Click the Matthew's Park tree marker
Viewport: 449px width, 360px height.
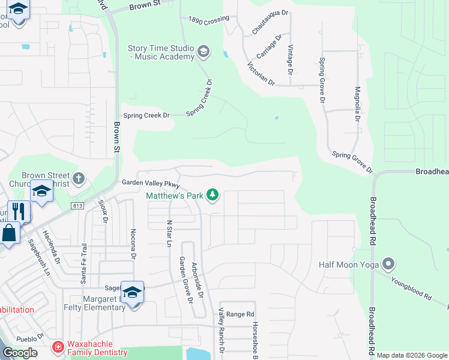pyautogui.click(x=212, y=195)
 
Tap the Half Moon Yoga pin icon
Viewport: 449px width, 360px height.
pyautogui.click(x=388, y=264)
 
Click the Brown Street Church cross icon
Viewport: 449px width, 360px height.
pyautogui.click(x=79, y=178)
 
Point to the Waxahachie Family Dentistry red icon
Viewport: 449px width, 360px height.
pyautogui.click(x=58, y=347)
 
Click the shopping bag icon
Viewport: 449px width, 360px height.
pyautogui.click(x=10, y=232)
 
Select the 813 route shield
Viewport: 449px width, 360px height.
pyautogui.click(x=77, y=205)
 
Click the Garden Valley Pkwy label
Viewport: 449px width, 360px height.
pyautogui.click(x=151, y=183)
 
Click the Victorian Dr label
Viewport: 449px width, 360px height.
pyautogui.click(x=261, y=73)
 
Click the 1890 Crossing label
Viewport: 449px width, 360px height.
pyautogui.click(x=209, y=20)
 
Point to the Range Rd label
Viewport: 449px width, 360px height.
pyautogui.click(x=241, y=314)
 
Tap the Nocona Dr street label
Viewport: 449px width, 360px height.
pyautogui.click(x=133, y=244)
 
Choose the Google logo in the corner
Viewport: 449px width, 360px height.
pyautogui.click(x=20, y=353)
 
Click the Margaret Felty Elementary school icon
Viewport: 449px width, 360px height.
pyautogui.click(x=133, y=292)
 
